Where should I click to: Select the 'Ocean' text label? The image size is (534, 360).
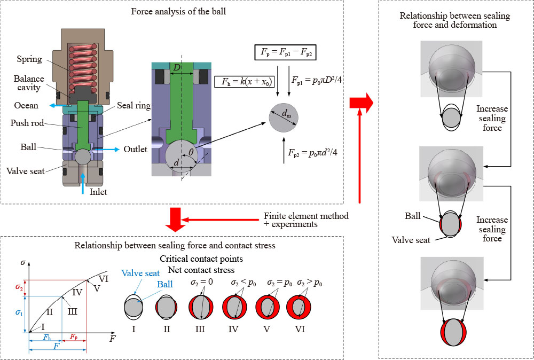pyautogui.click(x=26, y=106)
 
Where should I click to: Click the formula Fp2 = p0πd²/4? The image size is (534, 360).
pyautogui.click(x=312, y=152)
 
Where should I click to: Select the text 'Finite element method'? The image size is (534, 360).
pyautogui.click(x=306, y=216)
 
